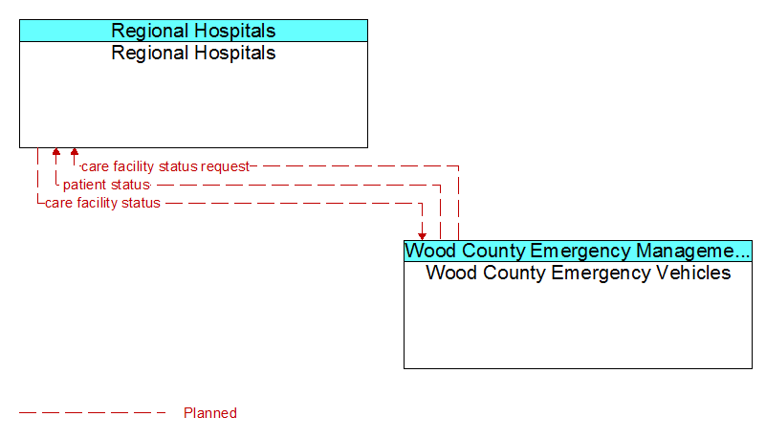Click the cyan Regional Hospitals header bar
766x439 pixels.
coord(193,31)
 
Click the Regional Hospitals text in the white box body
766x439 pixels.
coord(193,54)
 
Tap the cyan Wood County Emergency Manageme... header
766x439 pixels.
coord(578,251)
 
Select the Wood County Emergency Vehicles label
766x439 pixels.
coord(579,273)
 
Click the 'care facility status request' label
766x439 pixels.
coord(165,166)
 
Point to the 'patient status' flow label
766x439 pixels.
coord(106,185)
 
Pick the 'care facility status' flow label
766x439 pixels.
coord(102,203)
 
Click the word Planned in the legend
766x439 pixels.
coord(210,413)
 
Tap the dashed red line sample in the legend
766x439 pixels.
coord(93,413)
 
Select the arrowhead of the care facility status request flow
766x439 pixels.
coord(75,151)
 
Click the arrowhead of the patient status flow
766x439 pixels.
coord(56,151)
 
